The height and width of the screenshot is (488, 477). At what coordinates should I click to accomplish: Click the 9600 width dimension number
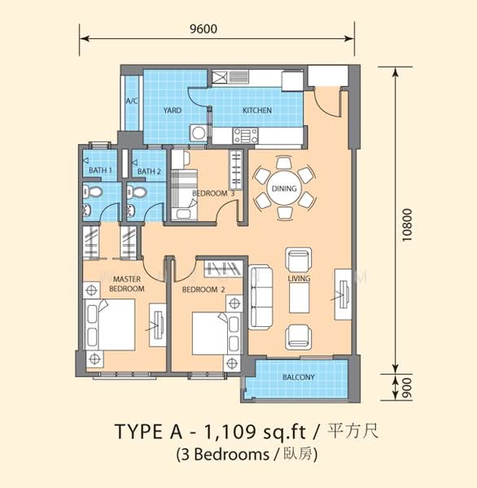coord(203,29)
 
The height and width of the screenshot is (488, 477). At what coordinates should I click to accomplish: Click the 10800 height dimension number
coord(407,224)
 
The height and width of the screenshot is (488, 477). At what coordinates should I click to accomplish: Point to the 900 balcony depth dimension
coord(407,388)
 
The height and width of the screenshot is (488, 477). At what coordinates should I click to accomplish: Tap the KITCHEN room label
coord(257,110)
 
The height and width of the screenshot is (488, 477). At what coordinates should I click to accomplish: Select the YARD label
coord(173,110)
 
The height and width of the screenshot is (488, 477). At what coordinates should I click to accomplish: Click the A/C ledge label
coord(132,101)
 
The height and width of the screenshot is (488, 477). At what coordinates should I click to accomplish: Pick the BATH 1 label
coord(100,170)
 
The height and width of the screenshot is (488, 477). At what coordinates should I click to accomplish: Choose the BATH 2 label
coord(149,171)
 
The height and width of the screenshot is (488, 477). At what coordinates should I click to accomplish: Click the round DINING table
coord(284,189)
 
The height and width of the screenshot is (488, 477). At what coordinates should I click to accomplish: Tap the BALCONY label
coord(298,377)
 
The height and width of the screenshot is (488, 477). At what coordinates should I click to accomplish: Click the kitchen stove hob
coord(246,136)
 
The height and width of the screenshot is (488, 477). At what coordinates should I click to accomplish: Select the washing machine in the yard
coord(199,133)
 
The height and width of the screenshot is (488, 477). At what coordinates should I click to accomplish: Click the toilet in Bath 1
coord(93,192)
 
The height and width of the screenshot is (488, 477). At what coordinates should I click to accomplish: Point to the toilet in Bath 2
coord(137,192)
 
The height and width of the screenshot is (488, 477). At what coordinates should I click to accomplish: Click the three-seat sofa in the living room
coord(260,297)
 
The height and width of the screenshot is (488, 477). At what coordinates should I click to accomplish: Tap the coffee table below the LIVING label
coord(299,298)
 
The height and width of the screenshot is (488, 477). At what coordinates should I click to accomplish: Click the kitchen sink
coord(230,77)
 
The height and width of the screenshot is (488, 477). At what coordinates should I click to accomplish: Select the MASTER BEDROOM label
coord(127,284)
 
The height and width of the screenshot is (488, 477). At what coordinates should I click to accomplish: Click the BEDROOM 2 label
coord(203,290)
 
